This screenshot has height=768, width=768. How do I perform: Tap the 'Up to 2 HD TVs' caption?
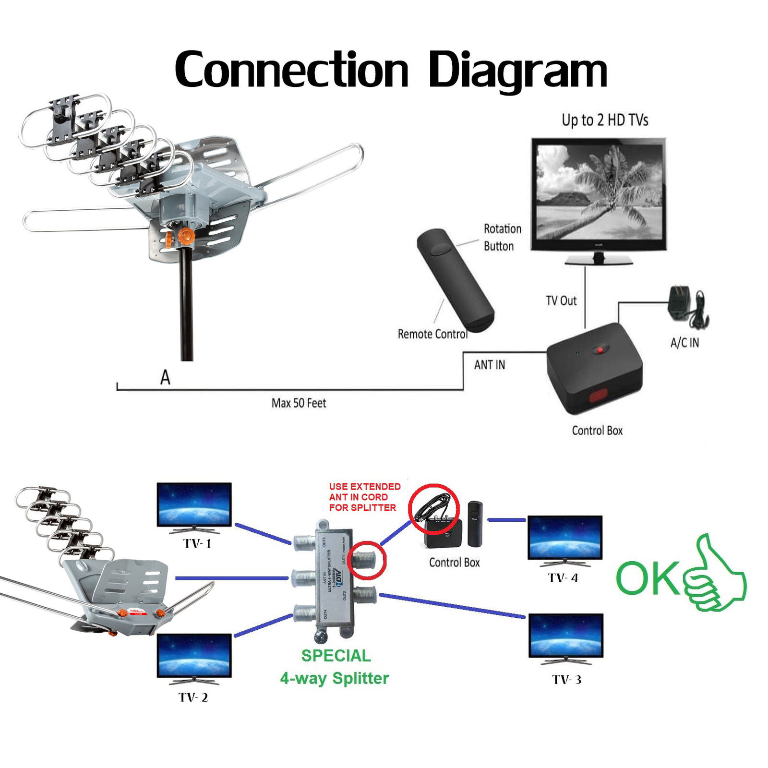pyautogui.click(x=605, y=120)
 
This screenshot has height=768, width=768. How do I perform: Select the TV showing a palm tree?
pyautogui.click(x=599, y=194)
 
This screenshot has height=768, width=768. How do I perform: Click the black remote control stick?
pyautogui.click(x=455, y=281)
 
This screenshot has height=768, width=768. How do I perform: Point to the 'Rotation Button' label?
pyautogui.click(x=502, y=238)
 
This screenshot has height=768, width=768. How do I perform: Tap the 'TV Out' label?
pyautogui.click(x=561, y=301)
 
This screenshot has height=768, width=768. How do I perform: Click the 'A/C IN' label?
pyautogui.click(x=684, y=343)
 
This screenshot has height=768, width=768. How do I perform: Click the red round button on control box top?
pyautogui.click(x=600, y=349)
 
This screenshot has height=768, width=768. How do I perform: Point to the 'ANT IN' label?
pyautogui.click(x=490, y=365)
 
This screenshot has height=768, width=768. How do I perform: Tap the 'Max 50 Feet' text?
pyautogui.click(x=299, y=403)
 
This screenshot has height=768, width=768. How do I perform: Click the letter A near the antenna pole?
pyautogui.click(x=165, y=377)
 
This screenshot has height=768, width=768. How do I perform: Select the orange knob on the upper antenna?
pyautogui.click(x=185, y=236)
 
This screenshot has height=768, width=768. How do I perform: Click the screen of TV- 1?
pyautogui.click(x=194, y=504)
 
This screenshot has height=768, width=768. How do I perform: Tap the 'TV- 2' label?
pyautogui.click(x=193, y=697)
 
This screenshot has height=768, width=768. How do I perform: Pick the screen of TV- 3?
pyautogui.click(x=566, y=635)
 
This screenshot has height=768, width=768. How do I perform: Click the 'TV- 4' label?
pyautogui.click(x=563, y=578)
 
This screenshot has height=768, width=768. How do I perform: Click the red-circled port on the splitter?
pyautogui.click(x=367, y=560)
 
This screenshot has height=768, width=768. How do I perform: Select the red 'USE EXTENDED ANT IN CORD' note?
pyautogui.click(x=364, y=497)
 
